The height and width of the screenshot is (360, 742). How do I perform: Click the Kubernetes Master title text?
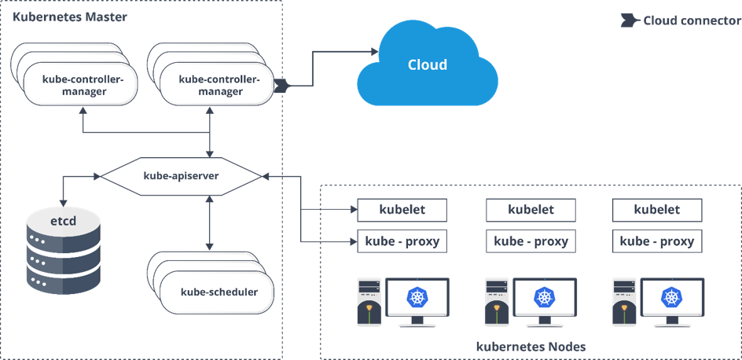coord(70,17)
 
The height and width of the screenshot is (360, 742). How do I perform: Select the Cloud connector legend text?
coord(691,20)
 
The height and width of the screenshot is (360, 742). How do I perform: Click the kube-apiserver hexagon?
coord(181,176)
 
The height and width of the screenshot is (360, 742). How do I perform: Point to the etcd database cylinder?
coord(64,251)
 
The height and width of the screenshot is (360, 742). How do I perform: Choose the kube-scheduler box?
coord(219,292)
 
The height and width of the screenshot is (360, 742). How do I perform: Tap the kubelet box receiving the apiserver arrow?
coord(402,210)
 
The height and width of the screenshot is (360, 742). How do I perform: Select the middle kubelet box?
coord(531,210)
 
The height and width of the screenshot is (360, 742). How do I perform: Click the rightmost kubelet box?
coord(656,210)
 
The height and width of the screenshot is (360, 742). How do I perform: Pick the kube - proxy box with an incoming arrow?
coord(402,241)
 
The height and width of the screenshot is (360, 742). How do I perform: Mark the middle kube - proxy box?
coord(531,241)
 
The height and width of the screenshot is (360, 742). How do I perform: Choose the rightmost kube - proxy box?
coord(656,241)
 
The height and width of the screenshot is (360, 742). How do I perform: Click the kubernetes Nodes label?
coord(531,346)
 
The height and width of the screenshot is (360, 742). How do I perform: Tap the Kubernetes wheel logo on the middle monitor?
coord(543,297)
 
